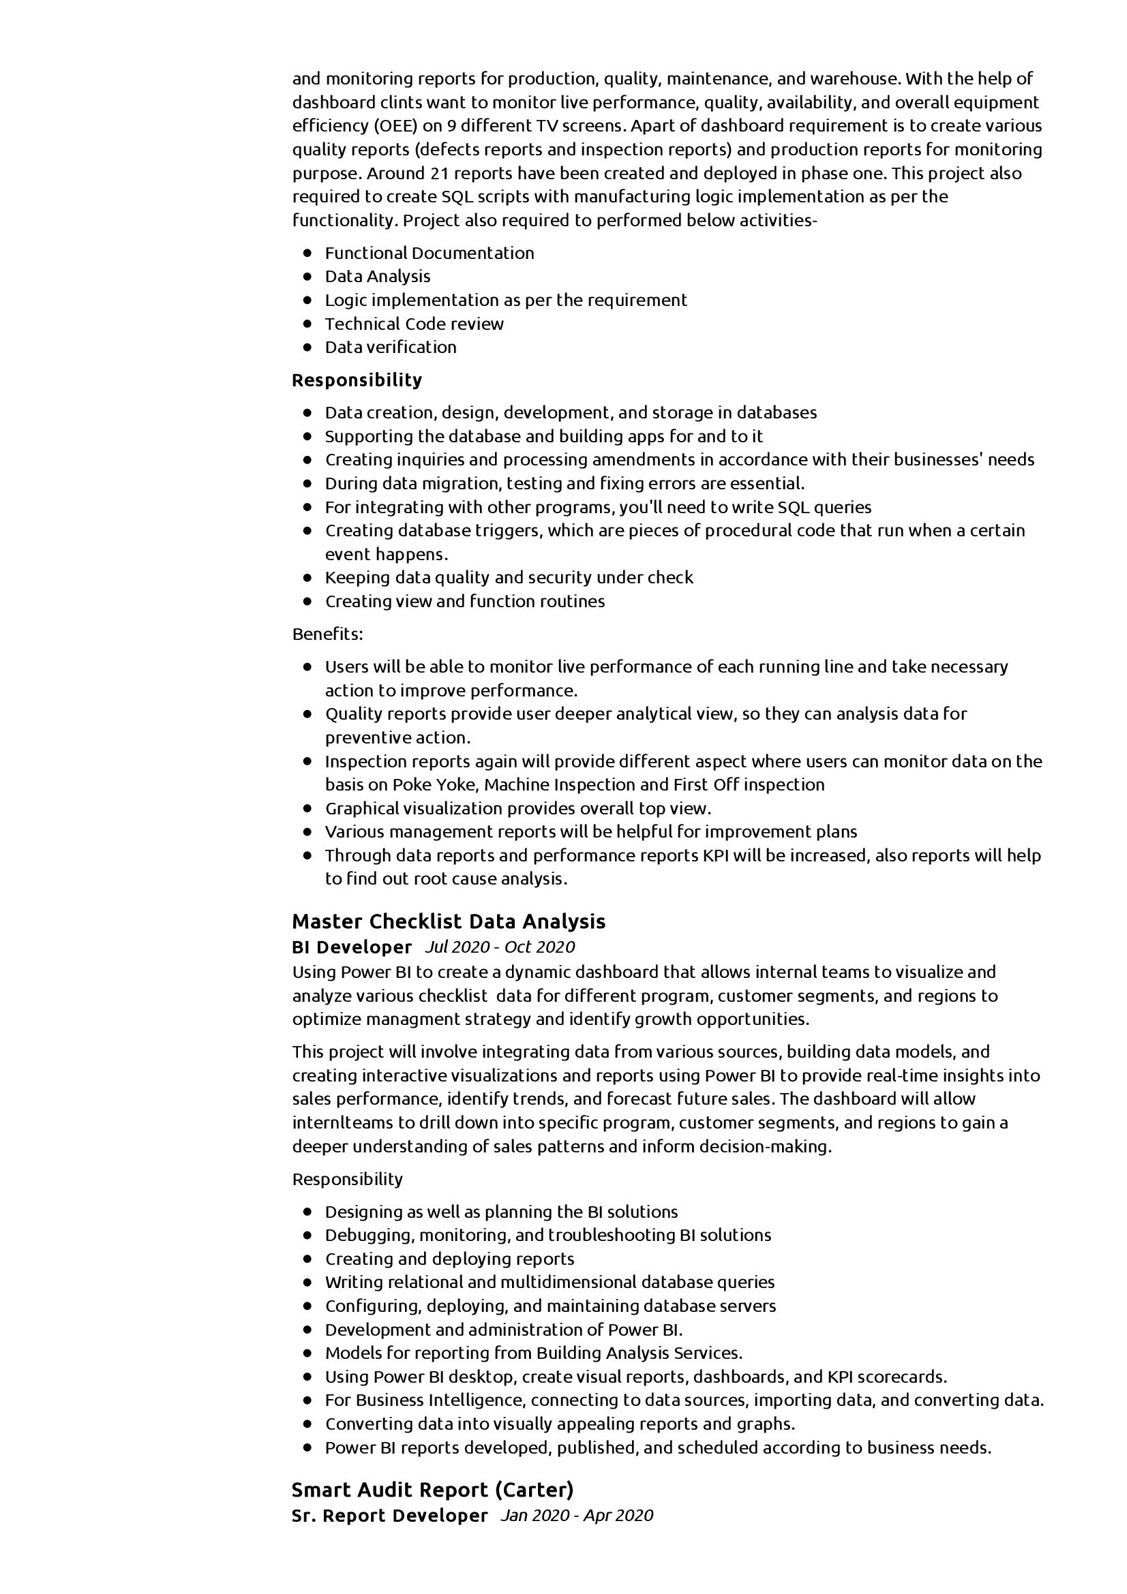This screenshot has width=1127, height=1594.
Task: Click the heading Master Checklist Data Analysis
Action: [448, 921]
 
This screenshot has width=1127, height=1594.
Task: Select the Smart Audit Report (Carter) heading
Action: [433, 1490]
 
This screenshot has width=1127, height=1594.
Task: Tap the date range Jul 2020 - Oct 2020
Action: [499, 947]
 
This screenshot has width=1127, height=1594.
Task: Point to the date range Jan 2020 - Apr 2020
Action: [576, 1515]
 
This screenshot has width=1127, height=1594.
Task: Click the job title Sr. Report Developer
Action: [389, 1515]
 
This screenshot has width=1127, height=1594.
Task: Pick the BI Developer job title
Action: [351, 947]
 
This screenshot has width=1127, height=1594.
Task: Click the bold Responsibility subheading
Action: [357, 380]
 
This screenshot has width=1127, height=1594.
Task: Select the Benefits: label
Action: [328, 634]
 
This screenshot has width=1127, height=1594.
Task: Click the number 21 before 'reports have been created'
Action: [439, 173]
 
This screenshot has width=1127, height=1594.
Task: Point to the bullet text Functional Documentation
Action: [429, 253]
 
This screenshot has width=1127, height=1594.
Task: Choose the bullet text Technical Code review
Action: [414, 324]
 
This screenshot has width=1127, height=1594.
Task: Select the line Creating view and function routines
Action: [464, 601]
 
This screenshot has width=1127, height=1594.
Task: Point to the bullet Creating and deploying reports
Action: [449, 1259]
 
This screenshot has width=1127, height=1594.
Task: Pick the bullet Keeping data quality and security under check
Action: [509, 578]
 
